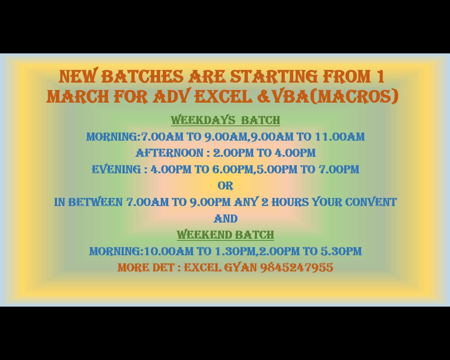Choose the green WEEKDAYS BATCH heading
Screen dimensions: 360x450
coord(225,120)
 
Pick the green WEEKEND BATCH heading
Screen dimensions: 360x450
coord(225,235)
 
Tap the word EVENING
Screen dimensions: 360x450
coord(116,169)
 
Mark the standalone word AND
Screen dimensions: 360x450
coord(225,219)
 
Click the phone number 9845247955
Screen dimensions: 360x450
coord(297,268)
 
